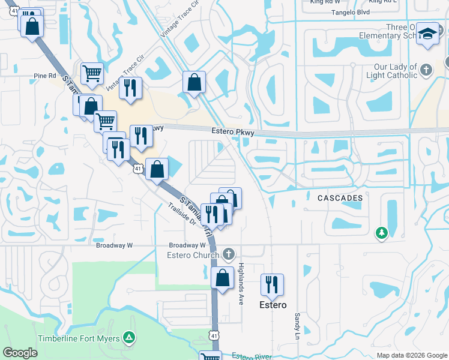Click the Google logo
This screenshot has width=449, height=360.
tap(20, 353)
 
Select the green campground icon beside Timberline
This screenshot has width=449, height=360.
tap(128, 337)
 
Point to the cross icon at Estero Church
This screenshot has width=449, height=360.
tap(228, 255)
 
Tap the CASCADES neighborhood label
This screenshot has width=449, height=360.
tap(340, 198)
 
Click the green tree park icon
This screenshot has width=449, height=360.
tap(381, 232)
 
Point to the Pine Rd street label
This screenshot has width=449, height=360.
tap(44, 76)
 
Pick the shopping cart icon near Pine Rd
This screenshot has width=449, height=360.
tap(92, 73)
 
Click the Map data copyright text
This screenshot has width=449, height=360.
tap(411, 355)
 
